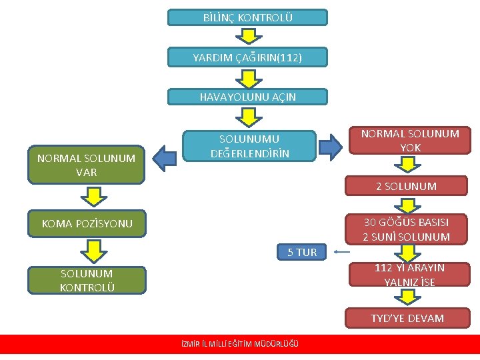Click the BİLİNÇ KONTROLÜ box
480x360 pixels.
[247, 17]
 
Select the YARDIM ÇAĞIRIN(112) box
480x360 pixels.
[247, 57]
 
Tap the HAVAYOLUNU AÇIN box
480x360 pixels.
[247, 97]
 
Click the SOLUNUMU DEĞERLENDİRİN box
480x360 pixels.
[250, 146]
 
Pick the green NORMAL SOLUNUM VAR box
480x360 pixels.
[86, 165]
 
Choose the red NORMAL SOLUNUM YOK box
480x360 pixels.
[410, 140]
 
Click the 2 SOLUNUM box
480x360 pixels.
[406, 186]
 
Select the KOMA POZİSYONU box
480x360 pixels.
[86, 223]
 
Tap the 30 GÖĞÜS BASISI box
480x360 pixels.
[406, 229]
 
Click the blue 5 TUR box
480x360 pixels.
[302, 252]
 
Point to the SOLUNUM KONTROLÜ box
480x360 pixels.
[86, 280]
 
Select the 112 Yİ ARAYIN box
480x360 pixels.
[409, 275]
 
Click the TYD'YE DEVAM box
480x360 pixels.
[407, 318]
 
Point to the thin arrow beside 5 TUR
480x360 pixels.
[342, 252]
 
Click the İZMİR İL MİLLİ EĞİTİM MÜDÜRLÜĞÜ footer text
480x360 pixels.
[240, 344]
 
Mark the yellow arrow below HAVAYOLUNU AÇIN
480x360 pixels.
[247, 117]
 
